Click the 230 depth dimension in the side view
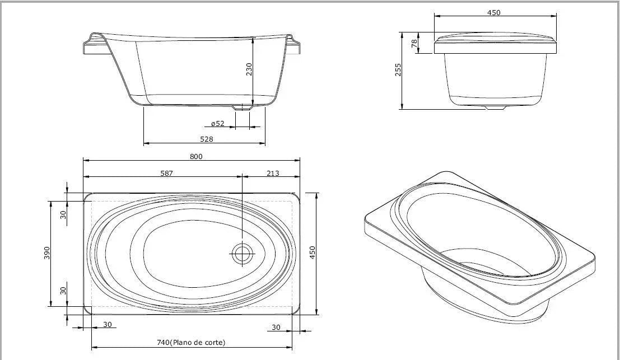[x=249, y=68]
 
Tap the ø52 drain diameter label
[x=217, y=124]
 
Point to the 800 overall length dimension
[x=195, y=156]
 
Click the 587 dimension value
[x=166, y=173]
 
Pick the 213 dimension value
[x=272, y=173]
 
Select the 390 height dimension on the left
[x=48, y=253]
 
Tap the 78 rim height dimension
[x=414, y=44]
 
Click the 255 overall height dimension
[x=399, y=70]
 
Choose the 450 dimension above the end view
[x=493, y=12]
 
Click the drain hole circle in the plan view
[x=243, y=254]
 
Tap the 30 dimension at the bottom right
[x=276, y=326]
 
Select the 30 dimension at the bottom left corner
[x=106, y=324]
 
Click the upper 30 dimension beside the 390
[x=63, y=213]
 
